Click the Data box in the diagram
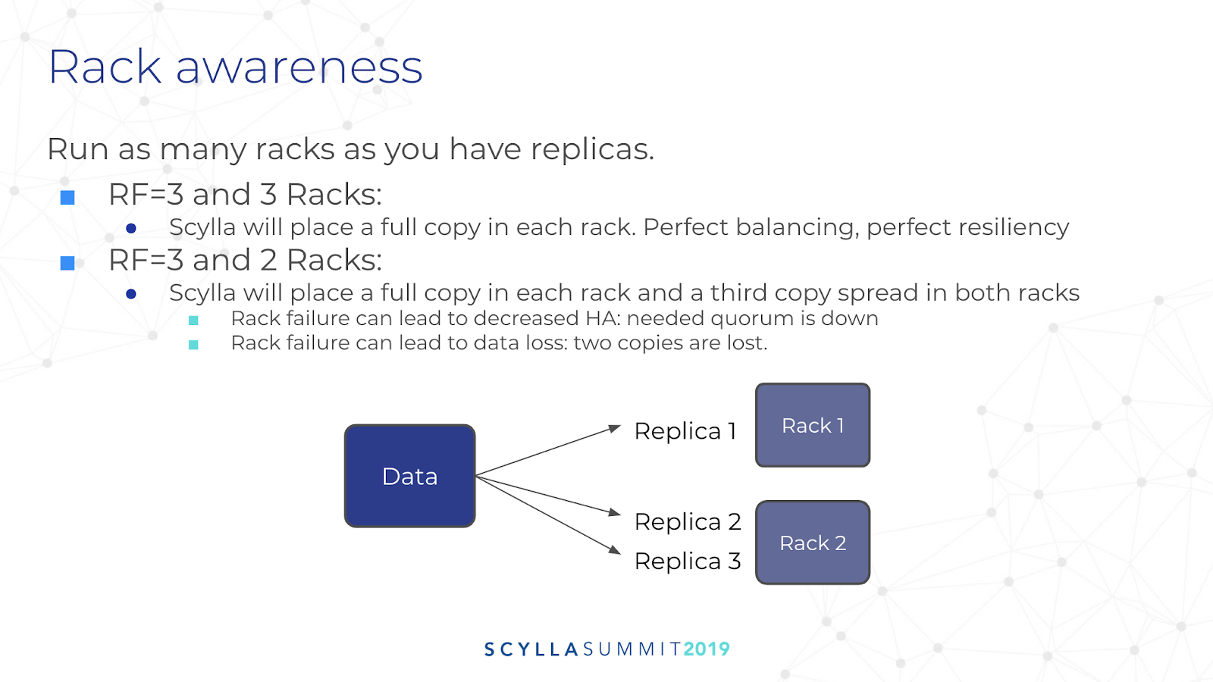click(409, 476)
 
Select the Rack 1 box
click(813, 425)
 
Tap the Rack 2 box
click(813, 543)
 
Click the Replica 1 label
click(685, 431)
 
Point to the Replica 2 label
click(688, 522)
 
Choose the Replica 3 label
click(688, 562)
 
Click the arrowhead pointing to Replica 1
click(615, 429)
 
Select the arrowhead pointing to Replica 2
click(615, 512)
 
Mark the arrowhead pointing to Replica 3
click(615, 549)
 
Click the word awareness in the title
click(299, 67)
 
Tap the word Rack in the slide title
click(105, 67)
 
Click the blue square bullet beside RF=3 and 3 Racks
click(67, 198)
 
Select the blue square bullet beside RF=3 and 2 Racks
click(67, 263)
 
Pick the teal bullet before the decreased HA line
click(193, 321)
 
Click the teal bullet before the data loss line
click(193, 345)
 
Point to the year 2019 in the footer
click(707, 649)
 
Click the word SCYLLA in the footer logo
click(532, 649)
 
